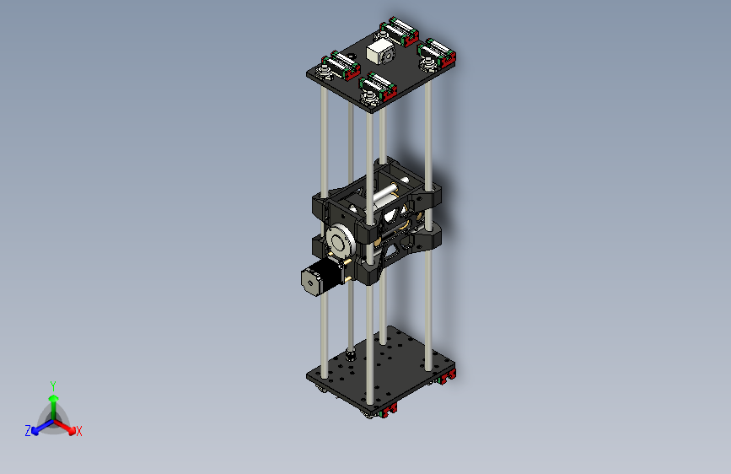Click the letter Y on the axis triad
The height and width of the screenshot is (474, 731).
click(x=53, y=385)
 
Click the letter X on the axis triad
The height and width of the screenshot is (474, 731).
click(x=78, y=431)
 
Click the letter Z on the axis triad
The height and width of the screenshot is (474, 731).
click(x=28, y=431)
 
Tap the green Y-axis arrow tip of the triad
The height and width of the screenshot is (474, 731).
click(x=54, y=398)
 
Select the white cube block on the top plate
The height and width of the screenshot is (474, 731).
click(x=379, y=51)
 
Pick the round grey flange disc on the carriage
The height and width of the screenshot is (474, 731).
click(x=340, y=240)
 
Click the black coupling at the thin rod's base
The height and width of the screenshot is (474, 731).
click(x=351, y=355)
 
